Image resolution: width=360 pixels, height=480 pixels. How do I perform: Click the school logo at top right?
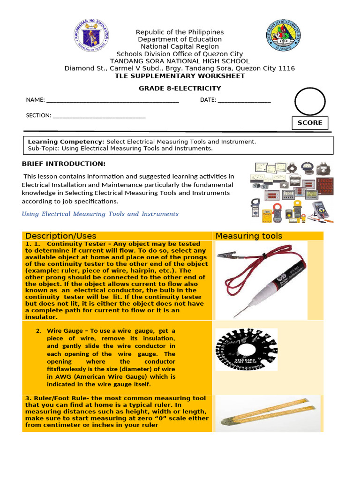point(284,36)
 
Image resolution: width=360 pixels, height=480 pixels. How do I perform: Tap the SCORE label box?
point(310,123)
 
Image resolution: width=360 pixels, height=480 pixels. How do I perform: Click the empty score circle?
point(309,101)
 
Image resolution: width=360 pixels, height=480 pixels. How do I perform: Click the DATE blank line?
point(244,100)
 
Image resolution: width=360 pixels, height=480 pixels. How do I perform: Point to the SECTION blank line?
point(99,115)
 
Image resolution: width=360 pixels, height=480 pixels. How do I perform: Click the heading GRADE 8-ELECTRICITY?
point(180,89)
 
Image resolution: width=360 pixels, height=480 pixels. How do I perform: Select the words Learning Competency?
point(66,142)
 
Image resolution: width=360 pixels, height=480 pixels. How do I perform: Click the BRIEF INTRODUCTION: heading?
point(64,164)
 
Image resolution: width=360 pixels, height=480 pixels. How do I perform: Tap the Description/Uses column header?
point(61,236)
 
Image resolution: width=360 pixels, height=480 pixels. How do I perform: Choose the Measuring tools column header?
point(249,236)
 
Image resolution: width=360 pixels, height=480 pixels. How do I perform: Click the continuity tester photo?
point(262,279)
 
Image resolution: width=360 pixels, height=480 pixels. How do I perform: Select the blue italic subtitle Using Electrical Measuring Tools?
point(100,214)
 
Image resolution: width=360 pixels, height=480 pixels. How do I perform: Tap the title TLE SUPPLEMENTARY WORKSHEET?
point(180,75)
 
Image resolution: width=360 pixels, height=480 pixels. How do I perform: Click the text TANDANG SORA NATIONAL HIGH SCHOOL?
point(180,61)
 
